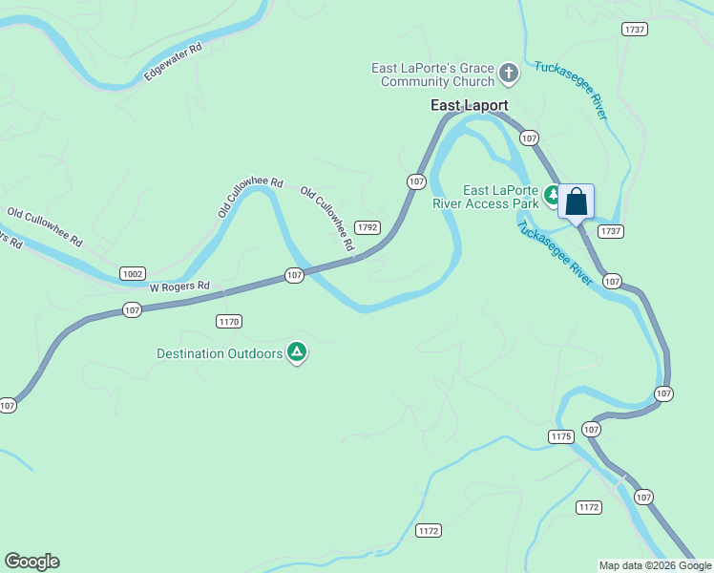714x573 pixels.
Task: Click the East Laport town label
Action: pos(468,106)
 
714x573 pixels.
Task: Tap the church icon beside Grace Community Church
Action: pos(510,73)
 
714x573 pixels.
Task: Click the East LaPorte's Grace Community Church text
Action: pos(433,74)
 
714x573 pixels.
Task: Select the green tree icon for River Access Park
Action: pos(552,196)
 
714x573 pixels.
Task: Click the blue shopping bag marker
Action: pos(576,202)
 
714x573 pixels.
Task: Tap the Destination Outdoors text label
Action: pos(220,353)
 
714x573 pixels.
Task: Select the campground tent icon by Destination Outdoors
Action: pos(298,353)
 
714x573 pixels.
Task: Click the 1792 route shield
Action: pos(367,227)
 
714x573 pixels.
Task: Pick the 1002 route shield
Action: pos(133,273)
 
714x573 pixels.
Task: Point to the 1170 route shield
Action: pos(228,321)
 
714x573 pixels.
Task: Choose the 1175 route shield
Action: pos(560,436)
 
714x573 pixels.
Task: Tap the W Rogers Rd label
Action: pos(179,286)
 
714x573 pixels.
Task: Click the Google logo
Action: pos(31,562)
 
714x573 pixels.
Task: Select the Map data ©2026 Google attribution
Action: pos(656,565)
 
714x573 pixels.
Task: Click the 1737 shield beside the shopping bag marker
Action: pos(611,231)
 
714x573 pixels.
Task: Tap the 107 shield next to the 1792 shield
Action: pos(415,180)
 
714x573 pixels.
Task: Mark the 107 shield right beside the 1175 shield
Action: pos(592,430)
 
